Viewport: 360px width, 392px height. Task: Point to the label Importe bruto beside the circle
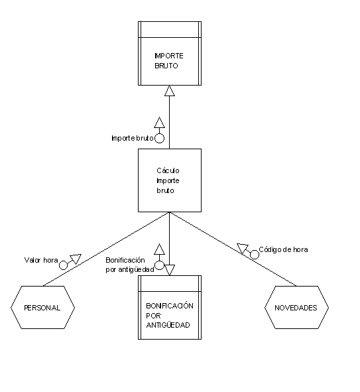(133, 138)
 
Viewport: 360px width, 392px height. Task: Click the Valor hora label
(41, 260)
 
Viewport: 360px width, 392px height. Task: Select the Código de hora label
(283, 249)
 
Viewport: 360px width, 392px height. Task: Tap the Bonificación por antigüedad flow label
(130, 265)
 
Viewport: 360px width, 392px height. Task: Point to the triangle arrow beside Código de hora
(243, 248)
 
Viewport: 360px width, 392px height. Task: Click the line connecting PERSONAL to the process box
(106, 249)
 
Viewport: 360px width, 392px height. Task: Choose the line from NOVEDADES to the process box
(233, 249)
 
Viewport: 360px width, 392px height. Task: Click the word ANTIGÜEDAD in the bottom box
(168, 325)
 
